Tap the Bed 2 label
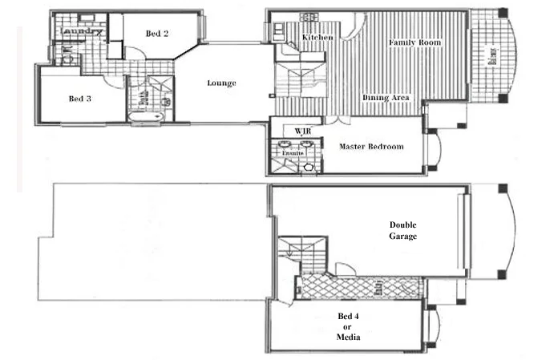click(157, 34)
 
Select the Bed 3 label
click(77, 99)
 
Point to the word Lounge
click(221, 83)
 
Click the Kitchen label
click(317, 38)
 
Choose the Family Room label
click(415, 42)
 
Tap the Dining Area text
click(386, 98)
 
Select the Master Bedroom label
click(371, 147)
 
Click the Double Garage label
click(403, 230)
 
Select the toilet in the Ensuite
click(309, 168)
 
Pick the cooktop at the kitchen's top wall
click(307, 16)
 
